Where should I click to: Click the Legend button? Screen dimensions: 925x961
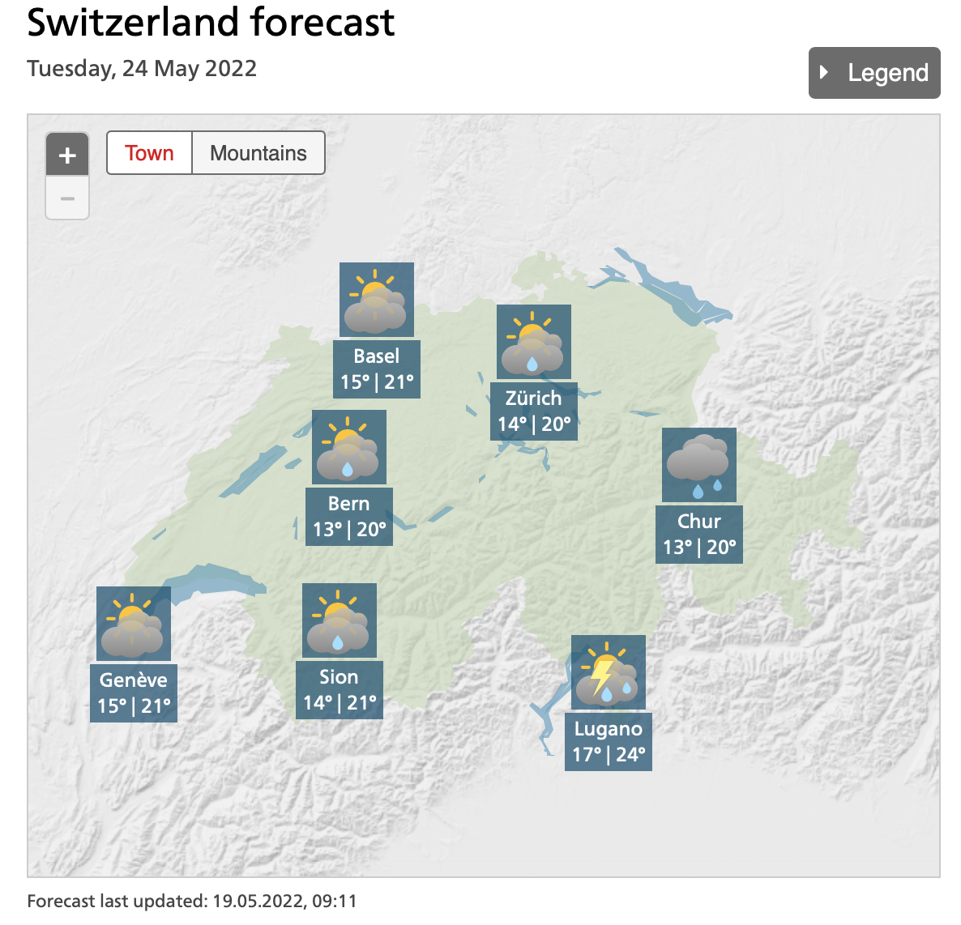(874, 73)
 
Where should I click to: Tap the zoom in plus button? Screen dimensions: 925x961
(67, 155)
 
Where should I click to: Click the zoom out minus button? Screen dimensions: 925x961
(67, 198)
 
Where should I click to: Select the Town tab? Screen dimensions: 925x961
(149, 153)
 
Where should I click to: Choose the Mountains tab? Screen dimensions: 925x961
(258, 153)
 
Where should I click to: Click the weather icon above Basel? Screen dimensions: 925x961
(376, 300)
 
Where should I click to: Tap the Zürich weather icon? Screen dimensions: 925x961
(533, 342)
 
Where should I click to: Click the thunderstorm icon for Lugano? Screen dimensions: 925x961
(608, 672)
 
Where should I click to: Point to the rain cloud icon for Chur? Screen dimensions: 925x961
(698, 465)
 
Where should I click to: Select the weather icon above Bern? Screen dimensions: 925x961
(348, 447)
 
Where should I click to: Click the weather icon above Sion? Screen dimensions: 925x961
(339, 620)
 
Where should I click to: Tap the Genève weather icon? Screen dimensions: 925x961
(133, 624)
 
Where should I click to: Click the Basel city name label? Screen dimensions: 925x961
(376, 356)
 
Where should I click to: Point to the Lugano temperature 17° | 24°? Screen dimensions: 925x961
(609, 755)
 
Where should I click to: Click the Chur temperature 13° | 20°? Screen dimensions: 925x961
(699, 548)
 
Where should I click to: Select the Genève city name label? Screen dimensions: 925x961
(133, 680)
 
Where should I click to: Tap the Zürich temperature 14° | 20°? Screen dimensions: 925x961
(534, 424)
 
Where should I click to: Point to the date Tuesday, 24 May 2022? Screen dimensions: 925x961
(142, 69)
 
